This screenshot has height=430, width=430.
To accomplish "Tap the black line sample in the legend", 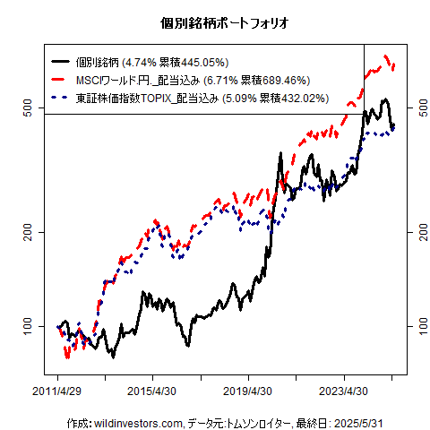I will point(62,63).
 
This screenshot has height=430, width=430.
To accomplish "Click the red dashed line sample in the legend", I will point(62,80).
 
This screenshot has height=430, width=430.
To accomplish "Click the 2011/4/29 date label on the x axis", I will point(57,391).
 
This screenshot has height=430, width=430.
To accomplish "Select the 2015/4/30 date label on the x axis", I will point(152,391).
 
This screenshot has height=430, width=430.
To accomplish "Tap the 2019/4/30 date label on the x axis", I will point(248,391).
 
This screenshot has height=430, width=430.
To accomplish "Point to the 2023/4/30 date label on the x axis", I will point(344,391).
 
